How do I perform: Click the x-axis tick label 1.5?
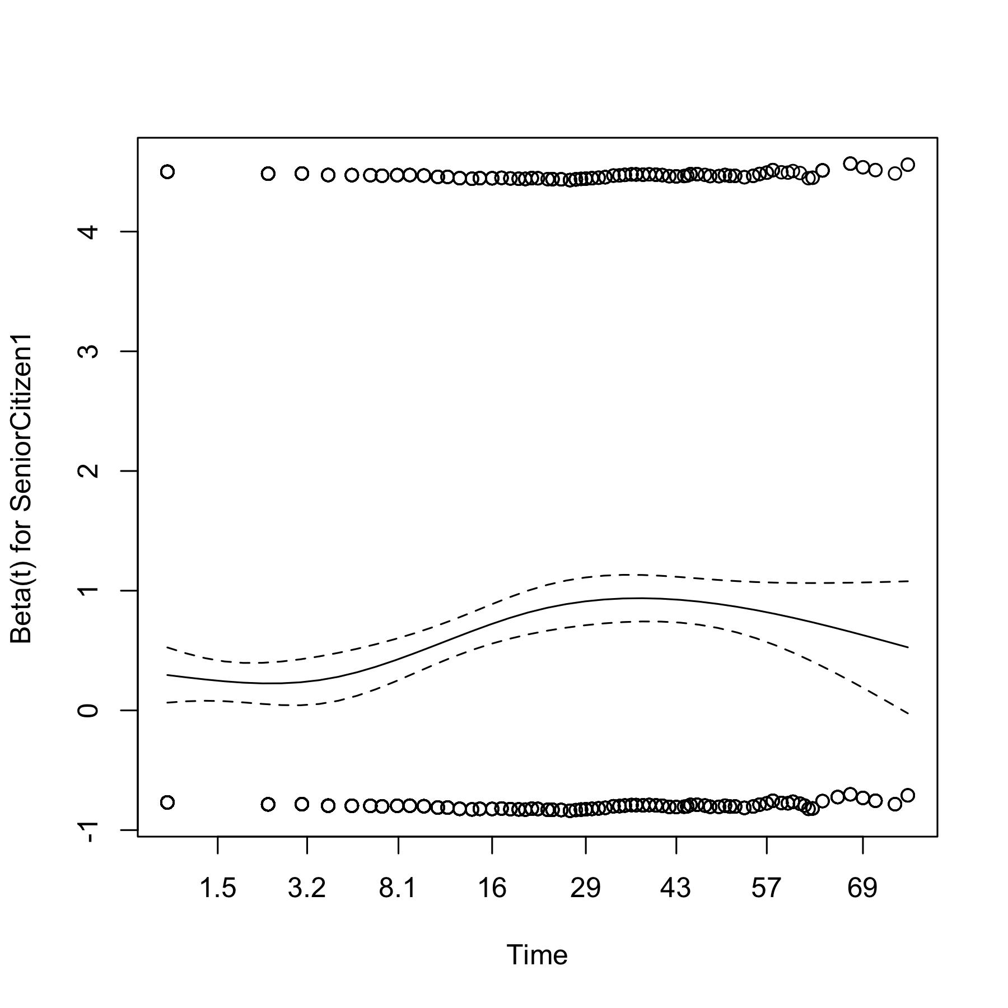[218, 888]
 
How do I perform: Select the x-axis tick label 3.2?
[307, 888]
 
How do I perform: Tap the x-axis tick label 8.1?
[398, 888]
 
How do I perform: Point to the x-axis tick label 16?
[492, 888]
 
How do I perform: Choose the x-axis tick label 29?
[585, 888]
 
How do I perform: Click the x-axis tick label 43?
[676, 888]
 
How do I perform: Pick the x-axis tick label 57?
[766, 888]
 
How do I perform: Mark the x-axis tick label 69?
[862, 888]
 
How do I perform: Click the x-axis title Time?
[537, 955]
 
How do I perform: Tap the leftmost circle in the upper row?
[167, 171]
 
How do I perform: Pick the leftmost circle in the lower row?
[167, 802]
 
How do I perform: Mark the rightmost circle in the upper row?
[908, 165]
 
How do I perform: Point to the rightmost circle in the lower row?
[908, 795]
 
